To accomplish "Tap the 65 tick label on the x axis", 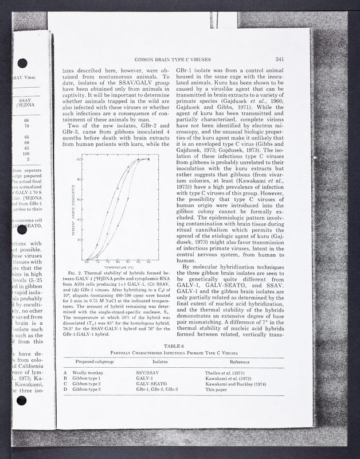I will pos(87,262).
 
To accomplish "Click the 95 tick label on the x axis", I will pos(148,262).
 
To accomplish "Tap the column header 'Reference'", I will pos(240,363).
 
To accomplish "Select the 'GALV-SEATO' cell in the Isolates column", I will pos(150,384).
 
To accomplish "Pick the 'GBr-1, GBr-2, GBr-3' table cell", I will pos(156,390).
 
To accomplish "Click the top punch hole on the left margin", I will pos(22,63).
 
